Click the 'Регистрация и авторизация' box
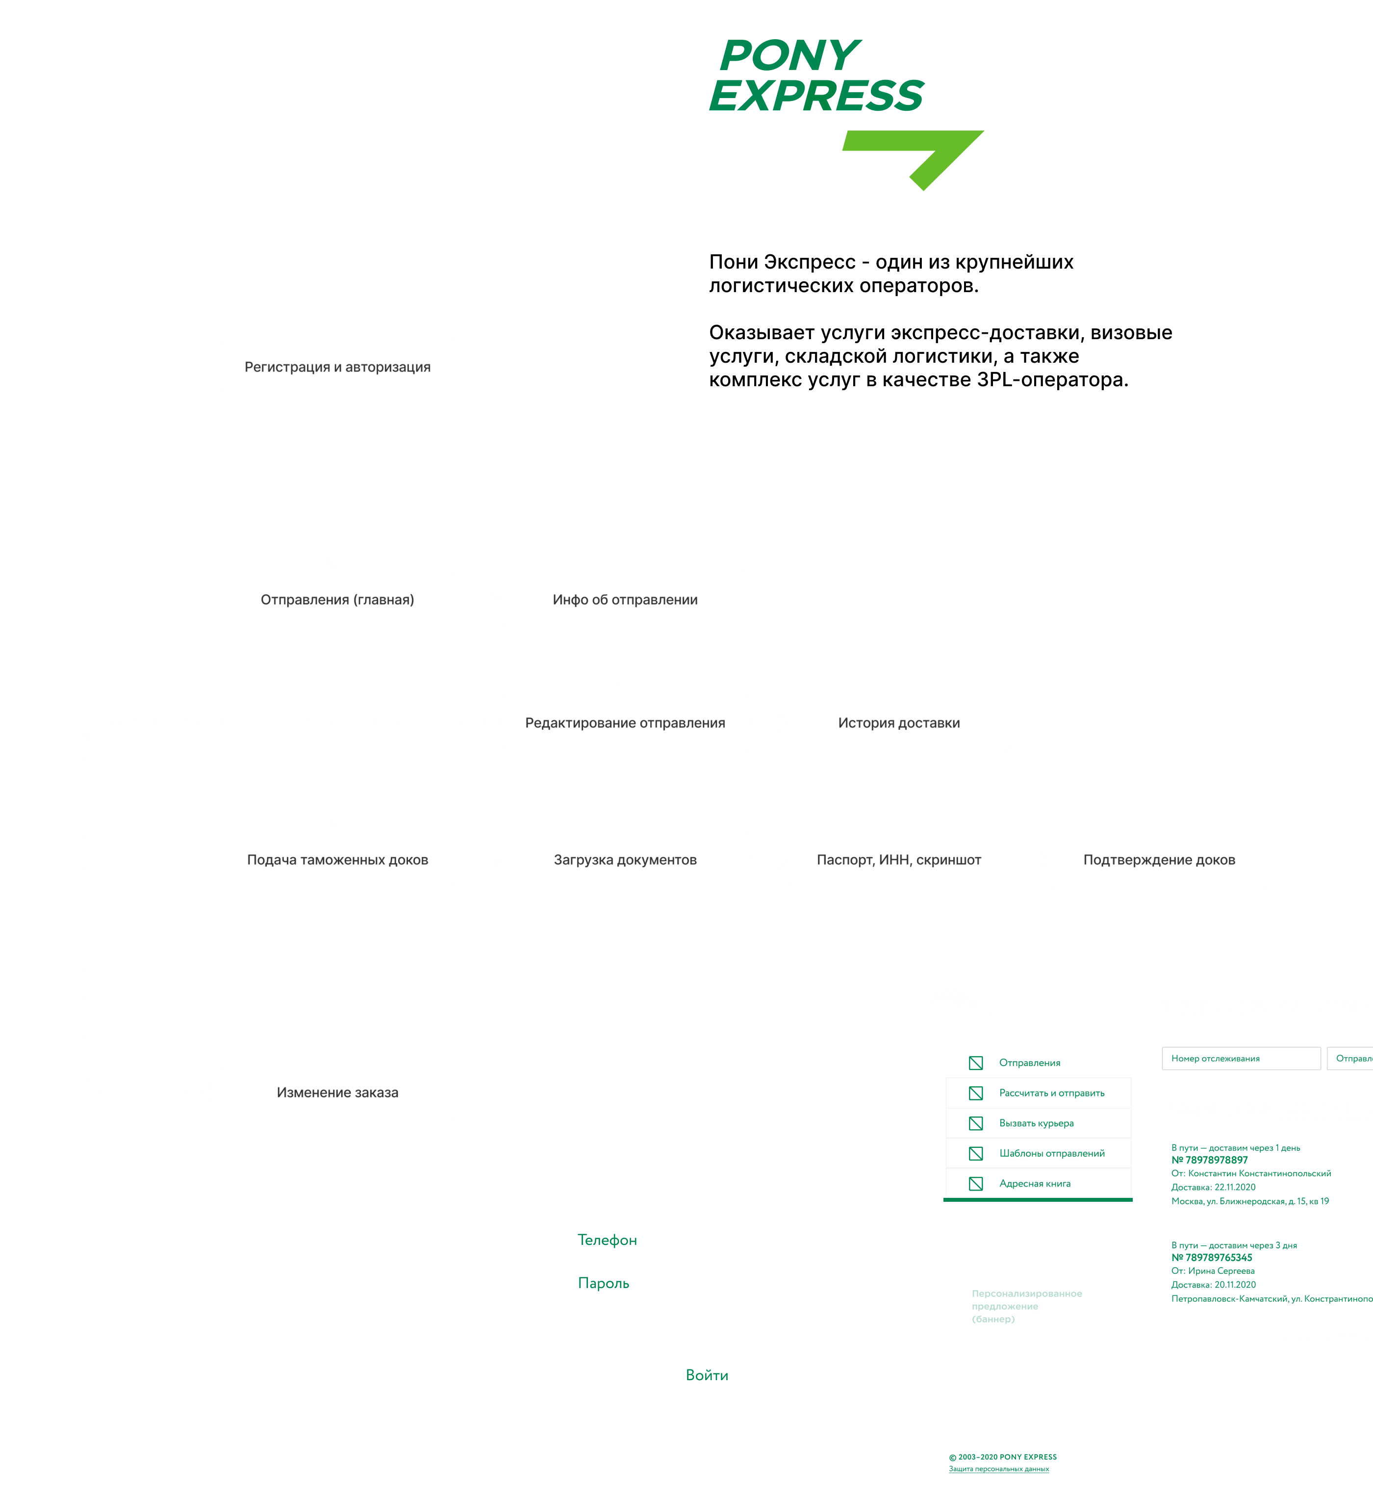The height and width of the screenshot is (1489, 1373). coord(337,367)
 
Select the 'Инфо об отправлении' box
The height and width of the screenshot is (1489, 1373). coord(625,599)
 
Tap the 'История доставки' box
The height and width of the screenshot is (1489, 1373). coord(898,722)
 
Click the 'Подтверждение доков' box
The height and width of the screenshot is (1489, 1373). coord(1158,859)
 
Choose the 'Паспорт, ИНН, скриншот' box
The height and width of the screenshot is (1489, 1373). coord(898,859)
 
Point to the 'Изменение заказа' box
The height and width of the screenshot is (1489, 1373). coord(337,1092)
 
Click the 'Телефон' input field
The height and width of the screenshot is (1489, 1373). coord(707,1240)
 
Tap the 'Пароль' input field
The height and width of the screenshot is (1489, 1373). coord(707,1283)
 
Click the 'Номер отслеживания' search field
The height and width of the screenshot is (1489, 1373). coord(1240,1058)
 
